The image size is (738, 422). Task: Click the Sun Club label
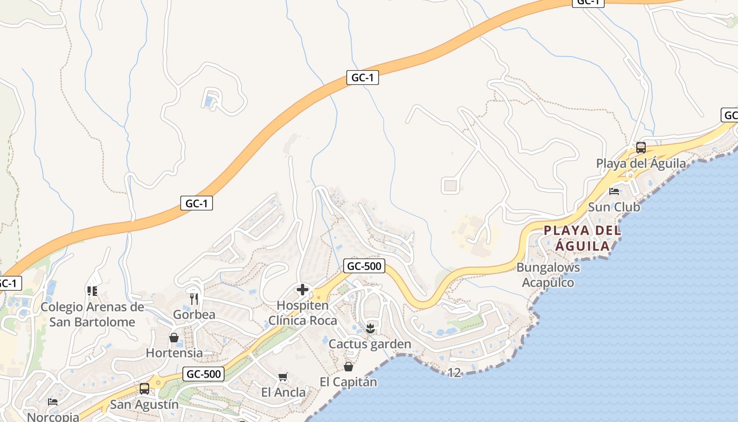pos(614,207)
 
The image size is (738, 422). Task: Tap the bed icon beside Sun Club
pos(614,191)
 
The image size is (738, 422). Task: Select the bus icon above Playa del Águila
pos(641,148)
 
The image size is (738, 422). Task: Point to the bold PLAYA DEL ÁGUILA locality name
pos(582,238)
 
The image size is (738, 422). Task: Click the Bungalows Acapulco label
pos(548,274)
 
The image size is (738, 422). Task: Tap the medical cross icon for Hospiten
pos(303,290)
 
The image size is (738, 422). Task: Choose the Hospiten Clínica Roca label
pos(303,313)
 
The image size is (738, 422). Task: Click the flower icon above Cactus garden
pos(370,329)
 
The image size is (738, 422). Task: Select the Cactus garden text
pos(370,344)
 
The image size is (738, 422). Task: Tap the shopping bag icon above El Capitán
pos(348,366)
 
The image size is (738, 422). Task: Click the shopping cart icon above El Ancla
pos(283,377)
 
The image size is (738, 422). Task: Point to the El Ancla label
pos(284,392)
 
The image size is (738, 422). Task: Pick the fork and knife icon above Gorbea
pos(194,299)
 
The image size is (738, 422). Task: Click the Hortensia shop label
pos(174,353)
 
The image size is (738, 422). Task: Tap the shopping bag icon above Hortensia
pos(174,338)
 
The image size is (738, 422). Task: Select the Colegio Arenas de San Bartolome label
pos(92,314)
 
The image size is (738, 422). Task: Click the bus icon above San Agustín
pos(144,389)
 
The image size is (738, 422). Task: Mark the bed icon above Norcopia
pos(53,402)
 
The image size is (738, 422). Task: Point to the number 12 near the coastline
pos(454,373)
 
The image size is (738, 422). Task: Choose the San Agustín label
pos(144,405)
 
